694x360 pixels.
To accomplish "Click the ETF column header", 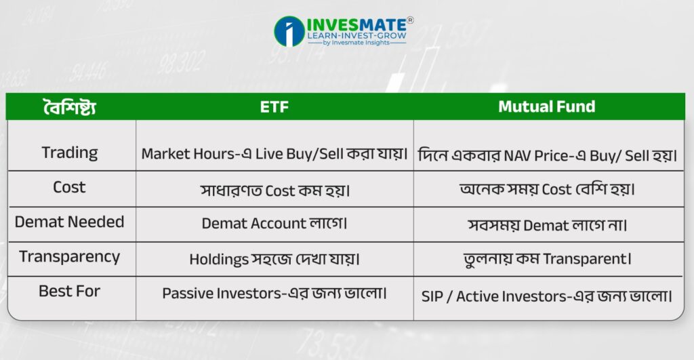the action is tap(274, 106).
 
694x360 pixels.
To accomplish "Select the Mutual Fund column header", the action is tap(547, 106).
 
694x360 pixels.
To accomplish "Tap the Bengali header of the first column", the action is tap(70, 107).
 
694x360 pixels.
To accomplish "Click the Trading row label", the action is tap(70, 153).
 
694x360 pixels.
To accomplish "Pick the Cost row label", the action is tap(69, 187).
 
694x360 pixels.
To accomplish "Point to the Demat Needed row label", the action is tap(70, 222).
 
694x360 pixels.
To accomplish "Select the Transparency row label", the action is tap(70, 257).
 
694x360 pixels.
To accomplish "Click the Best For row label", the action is tap(70, 292).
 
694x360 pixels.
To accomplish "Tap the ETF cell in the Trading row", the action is tap(274, 154).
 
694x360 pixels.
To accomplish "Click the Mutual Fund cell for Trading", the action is tap(548, 155).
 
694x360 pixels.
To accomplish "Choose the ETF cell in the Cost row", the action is tap(275, 191).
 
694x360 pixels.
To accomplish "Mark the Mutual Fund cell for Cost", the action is tap(548, 190).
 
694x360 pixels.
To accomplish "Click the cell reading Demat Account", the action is tap(274, 223).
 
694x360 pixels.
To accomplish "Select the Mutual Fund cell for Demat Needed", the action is tap(548, 225).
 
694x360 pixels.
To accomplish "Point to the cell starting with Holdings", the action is tap(274, 259).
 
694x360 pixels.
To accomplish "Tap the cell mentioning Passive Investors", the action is tap(274, 293).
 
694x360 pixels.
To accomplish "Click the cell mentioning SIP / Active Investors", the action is tap(547, 296).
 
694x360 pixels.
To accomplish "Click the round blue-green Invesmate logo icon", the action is tap(289, 31).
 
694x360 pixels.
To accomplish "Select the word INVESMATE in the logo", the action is tap(356, 25).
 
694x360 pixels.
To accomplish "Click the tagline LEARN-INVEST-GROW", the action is tap(356, 36).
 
